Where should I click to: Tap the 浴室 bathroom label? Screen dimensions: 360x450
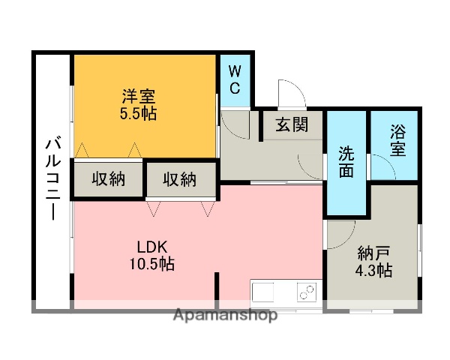(397, 139)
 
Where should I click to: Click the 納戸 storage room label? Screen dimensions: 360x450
(374, 253)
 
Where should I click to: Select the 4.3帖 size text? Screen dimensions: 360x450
(374, 270)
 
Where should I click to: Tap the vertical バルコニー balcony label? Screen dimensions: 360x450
(52, 178)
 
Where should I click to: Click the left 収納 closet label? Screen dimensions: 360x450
(108, 179)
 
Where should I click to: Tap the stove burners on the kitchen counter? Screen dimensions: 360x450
(306, 291)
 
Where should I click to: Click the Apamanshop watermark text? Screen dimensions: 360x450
(225, 314)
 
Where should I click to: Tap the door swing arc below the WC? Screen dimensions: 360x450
(232, 123)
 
